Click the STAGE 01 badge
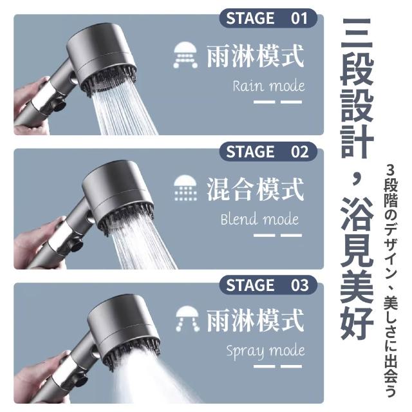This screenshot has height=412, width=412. click(x=268, y=19)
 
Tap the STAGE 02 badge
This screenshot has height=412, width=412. click(x=268, y=152)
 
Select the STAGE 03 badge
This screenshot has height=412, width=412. click(x=268, y=285)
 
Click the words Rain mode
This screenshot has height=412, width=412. click(x=268, y=86)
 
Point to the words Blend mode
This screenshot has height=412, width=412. click(x=259, y=219)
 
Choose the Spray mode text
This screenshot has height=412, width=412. click(x=265, y=351)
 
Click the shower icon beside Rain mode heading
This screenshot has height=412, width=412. click(x=185, y=55)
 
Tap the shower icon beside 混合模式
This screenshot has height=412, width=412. click(x=185, y=188)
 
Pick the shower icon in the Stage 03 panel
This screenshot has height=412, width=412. click(x=187, y=319)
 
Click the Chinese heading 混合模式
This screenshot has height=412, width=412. click(x=256, y=189)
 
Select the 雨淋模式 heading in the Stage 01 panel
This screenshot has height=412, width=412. click(x=256, y=56)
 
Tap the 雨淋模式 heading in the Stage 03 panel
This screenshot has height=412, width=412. click(x=256, y=321)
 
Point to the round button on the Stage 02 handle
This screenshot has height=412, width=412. click(x=77, y=246)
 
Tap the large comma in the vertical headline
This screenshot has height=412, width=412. click(x=356, y=180)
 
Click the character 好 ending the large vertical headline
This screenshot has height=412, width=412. click(x=357, y=323)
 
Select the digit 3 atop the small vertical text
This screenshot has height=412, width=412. click(x=391, y=171)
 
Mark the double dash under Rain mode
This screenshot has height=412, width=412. click(x=277, y=102)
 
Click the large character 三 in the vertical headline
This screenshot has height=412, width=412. click(x=357, y=35)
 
